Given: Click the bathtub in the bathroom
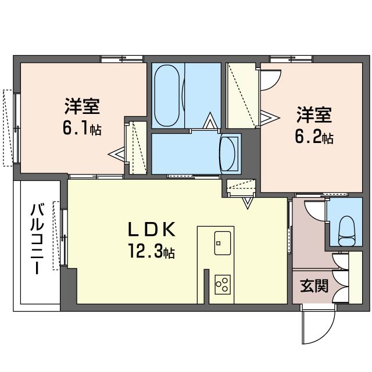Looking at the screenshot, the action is click(167, 95).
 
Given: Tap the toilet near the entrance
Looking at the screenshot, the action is click(347, 231).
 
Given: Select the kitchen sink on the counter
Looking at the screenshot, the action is click(222, 243).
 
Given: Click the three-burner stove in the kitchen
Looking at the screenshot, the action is click(223, 285).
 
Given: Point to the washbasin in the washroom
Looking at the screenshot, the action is click(228, 153).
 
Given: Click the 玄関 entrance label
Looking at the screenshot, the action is click(314, 286).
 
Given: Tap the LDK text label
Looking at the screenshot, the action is click(152, 230).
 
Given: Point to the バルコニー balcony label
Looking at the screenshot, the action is click(37, 239).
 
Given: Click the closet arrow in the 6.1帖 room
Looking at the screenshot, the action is click(116, 155).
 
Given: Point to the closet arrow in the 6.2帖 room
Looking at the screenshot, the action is click(270, 117).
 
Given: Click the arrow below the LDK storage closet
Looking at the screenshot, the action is click(248, 203).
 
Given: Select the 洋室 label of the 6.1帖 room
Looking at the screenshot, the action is click(82, 106).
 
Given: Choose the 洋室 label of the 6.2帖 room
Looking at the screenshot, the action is click(314, 115).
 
